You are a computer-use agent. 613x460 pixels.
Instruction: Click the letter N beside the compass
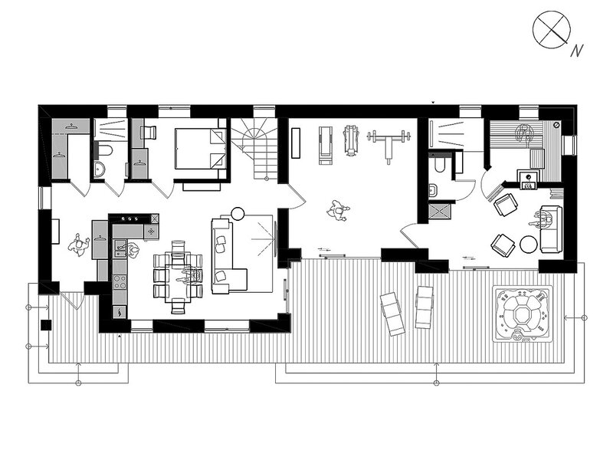[x=577, y=51]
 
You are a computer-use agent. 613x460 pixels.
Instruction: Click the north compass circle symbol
[x=551, y=30]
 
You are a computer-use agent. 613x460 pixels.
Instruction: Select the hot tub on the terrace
[x=523, y=314]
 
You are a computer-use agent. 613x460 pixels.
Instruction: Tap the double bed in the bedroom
[x=201, y=149]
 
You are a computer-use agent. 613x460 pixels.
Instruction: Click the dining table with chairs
[x=179, y=278]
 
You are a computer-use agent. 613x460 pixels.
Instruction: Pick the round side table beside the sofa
[x=238, y=214]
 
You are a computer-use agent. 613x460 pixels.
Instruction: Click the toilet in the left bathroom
[x=105, y=149]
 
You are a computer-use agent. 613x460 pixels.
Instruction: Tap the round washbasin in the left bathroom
[x=100, y=169]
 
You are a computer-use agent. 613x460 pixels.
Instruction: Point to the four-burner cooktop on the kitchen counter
[x=120, y=281]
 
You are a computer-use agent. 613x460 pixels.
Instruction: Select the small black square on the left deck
[x=46, y=324]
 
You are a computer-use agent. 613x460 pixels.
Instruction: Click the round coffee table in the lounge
[x=529, y=244]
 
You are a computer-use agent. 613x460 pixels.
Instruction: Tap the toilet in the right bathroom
[x=438, y=165]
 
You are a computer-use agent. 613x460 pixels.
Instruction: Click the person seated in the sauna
[x=524, y=133]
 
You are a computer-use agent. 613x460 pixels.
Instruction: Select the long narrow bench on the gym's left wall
[x=296, y=143]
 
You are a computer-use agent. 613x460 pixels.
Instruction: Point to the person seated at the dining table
[x=190, y=274]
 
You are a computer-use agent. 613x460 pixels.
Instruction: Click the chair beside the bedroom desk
[x=148, y=132]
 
